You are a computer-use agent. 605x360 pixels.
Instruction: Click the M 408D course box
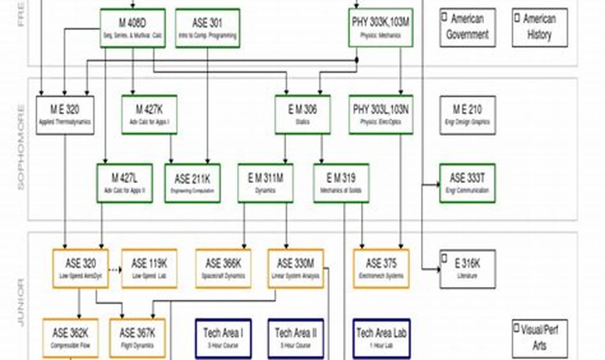point(133,28)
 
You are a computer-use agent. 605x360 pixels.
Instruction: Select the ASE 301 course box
point(207,28)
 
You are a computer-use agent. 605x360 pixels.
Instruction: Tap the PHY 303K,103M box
point(381,28)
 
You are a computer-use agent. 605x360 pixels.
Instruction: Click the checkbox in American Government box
point(445,17)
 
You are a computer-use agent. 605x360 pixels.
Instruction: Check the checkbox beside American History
point(517,18)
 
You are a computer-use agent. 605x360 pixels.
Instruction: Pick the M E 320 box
point(65,115)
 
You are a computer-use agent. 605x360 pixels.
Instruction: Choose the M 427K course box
point(149,115)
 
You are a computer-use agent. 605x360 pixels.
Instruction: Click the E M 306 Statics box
point(302,115)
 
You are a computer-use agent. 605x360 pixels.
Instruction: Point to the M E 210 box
point(467,115)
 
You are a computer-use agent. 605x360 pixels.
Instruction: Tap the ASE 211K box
point(192,183)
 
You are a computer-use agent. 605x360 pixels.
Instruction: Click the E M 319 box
point(341,183)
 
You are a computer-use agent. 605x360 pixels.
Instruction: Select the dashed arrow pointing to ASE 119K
point(115,270)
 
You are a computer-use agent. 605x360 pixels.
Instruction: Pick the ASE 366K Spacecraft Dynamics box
point(223,269)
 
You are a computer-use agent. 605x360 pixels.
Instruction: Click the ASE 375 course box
point(381,269)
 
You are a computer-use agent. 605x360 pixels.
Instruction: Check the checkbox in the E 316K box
point(445,258)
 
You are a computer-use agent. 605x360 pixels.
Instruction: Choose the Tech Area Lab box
point(381,338)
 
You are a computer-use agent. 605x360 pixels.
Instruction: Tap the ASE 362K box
point(71,338)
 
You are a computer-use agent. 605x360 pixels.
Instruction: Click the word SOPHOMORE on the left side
point(21,148)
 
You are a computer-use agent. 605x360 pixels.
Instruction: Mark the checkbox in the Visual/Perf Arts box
point(517,328)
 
